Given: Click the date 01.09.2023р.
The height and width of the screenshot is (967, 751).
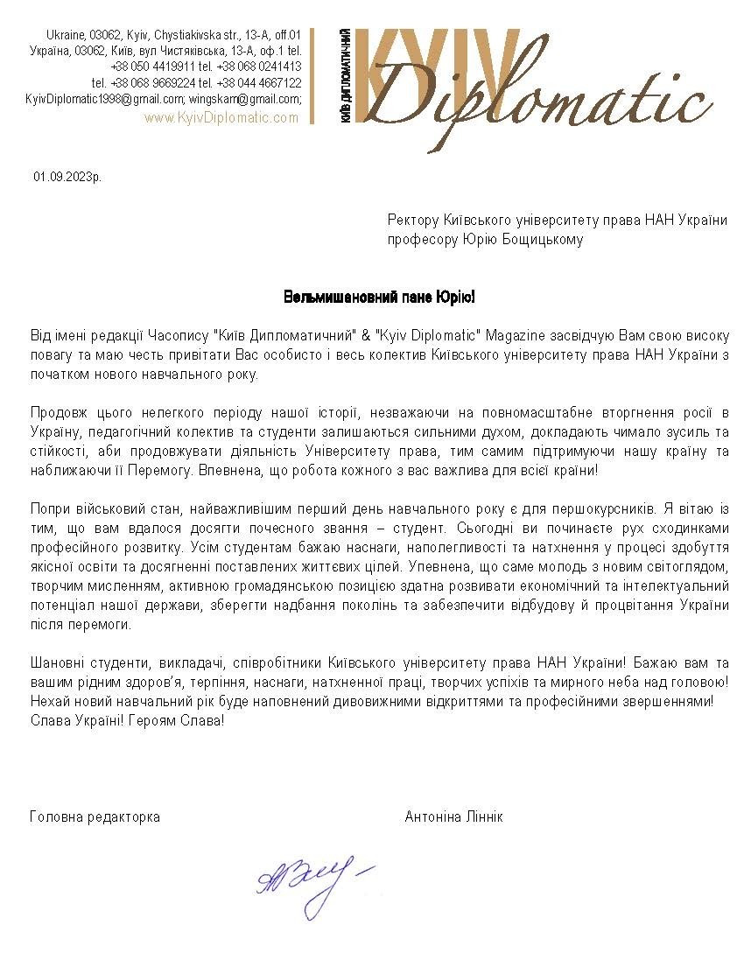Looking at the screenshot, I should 67,177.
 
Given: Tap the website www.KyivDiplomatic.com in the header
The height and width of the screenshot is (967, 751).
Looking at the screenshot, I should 221,117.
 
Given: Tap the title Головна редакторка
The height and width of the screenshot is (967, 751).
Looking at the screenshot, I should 95,816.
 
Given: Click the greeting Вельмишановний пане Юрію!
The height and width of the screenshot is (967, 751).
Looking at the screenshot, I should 379,298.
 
